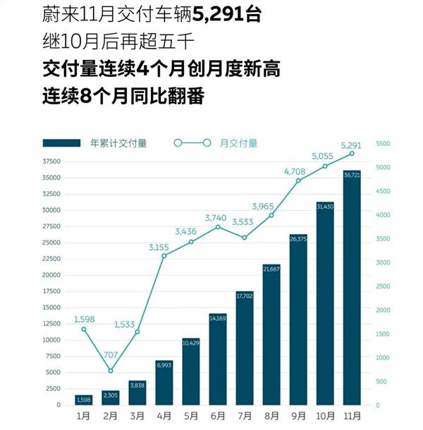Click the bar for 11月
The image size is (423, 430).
tap(352, 289)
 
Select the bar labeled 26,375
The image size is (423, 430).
tap(298, 321)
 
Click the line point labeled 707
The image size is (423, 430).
tap(111, 371)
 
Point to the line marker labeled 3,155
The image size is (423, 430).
tap(164, 255)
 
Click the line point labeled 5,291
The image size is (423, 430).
tap(352, 153)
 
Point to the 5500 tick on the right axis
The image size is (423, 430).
tap(382, 143)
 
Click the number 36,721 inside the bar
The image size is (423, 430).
tap(352, 174)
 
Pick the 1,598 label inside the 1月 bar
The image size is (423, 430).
tap(84, 400)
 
